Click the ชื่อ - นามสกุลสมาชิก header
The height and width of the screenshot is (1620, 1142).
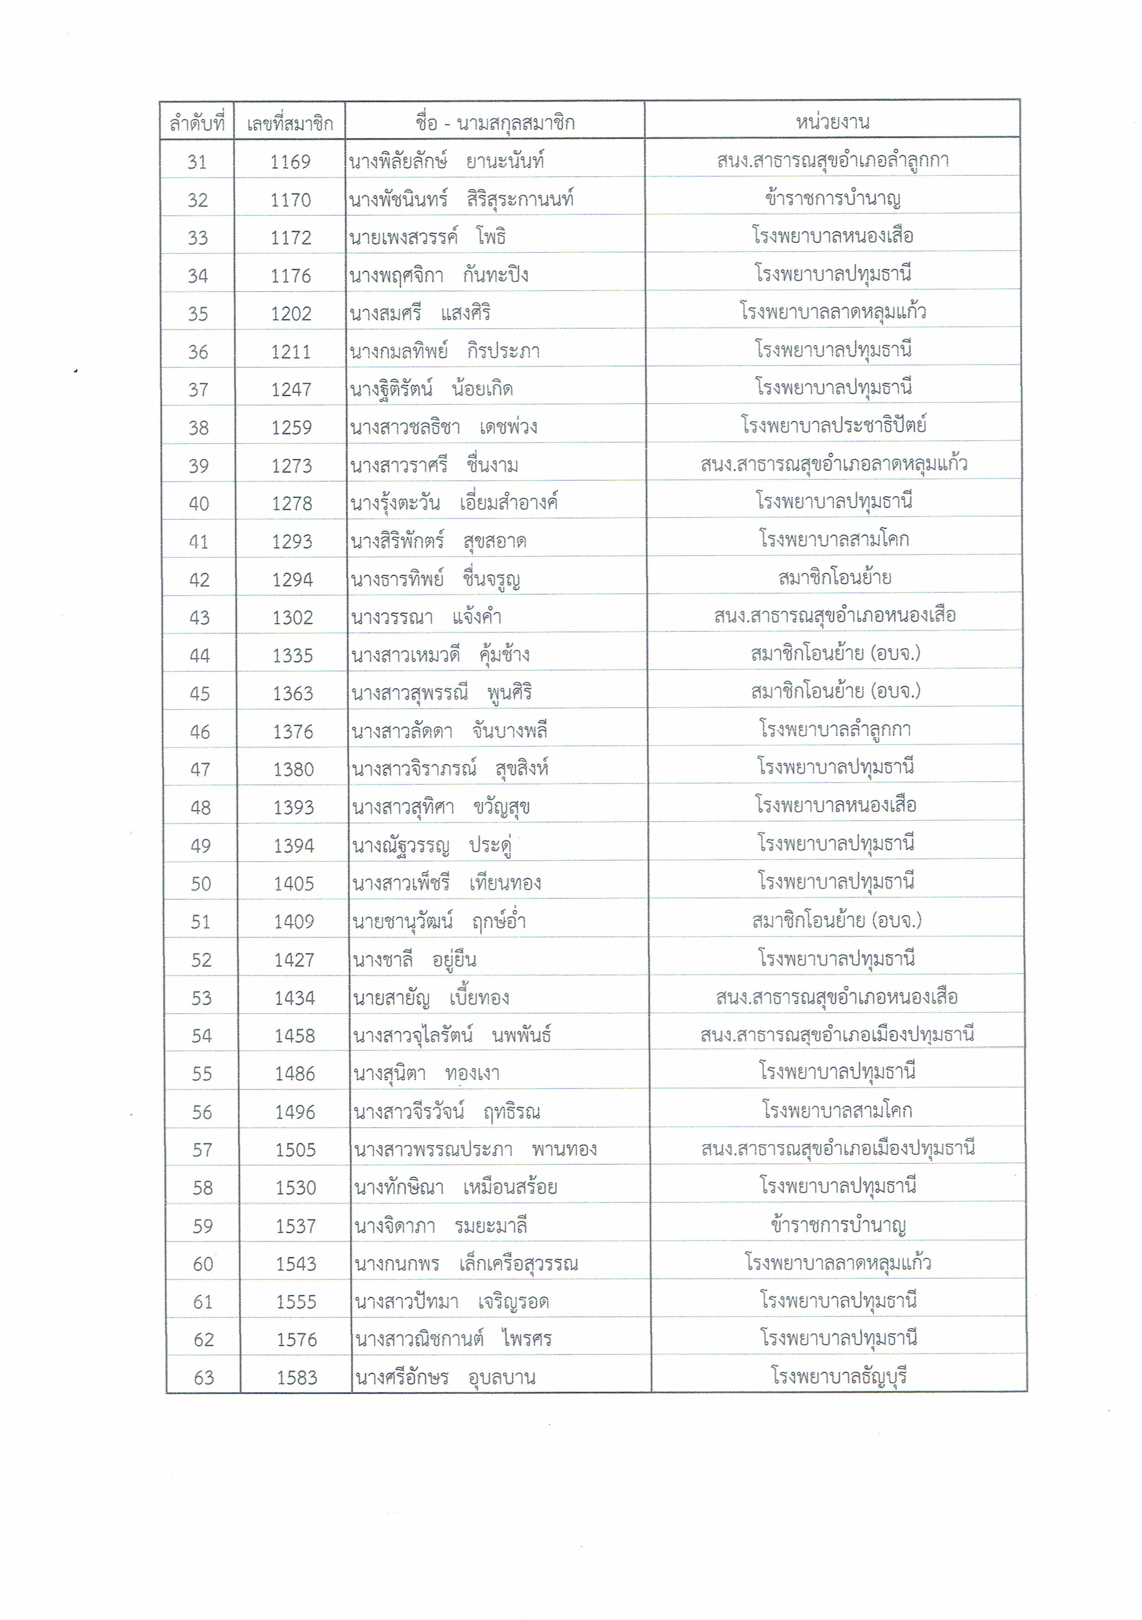coord(494,123)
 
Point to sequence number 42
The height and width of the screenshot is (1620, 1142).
coord(199,580)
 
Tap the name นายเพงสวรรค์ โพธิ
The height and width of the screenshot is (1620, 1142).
coord(427,237)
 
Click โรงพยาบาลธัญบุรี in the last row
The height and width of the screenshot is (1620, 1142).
coord(839,1376)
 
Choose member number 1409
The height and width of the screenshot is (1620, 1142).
coord(294,922)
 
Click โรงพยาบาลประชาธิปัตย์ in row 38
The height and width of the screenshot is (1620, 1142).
coord(834,425)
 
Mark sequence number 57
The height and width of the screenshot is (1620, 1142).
coord(202,1150)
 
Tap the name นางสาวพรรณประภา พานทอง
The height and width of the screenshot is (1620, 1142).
coord(475,1149)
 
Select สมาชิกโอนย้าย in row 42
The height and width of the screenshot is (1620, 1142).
coord(835,578)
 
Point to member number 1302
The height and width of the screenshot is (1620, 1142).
coord(293,618)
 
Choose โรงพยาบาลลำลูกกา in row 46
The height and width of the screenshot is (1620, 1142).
coord(835,730)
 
